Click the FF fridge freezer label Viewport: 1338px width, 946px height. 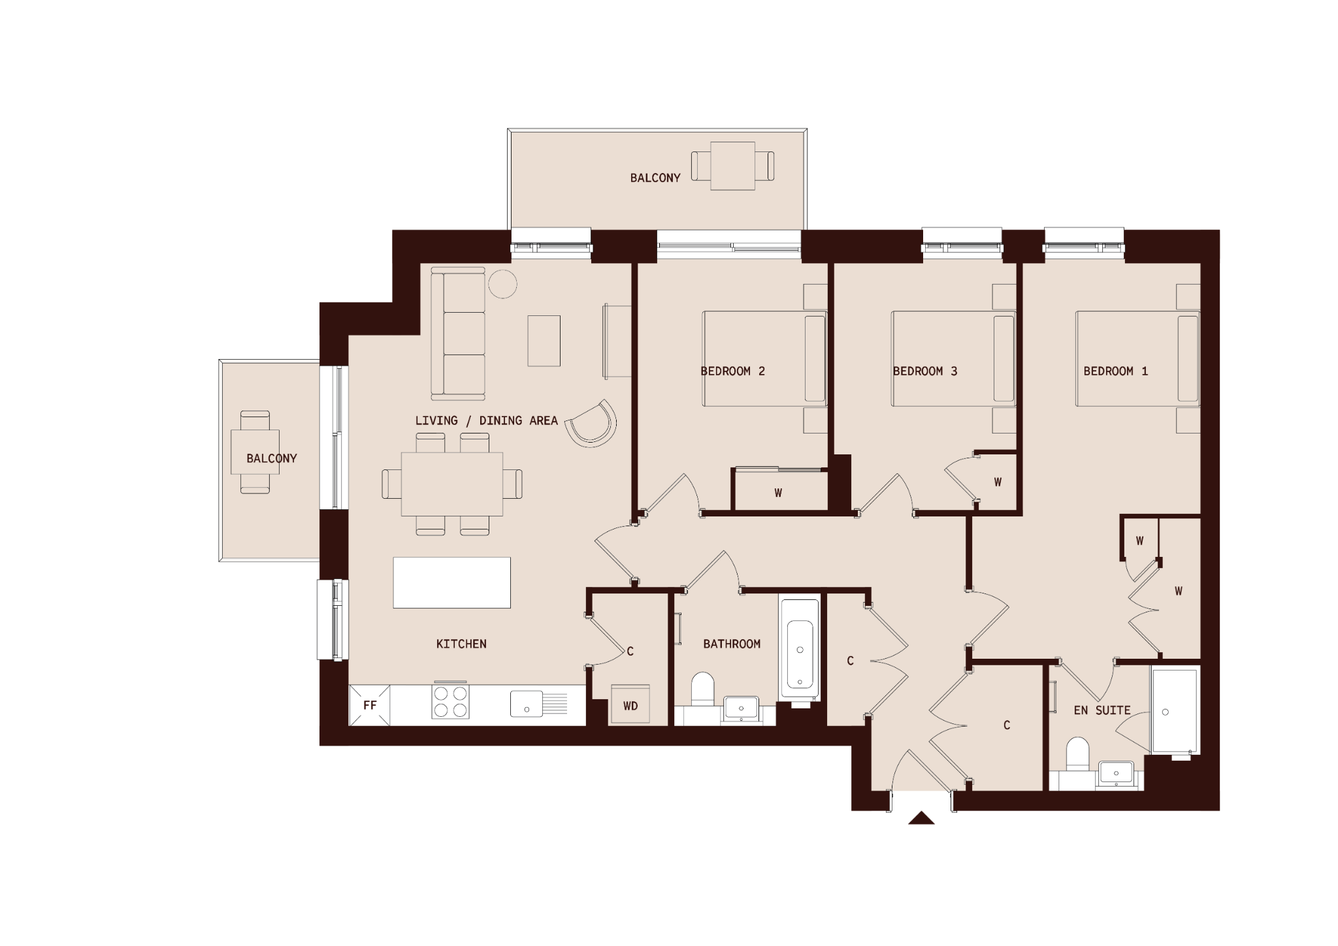pyautogui.click(x=370, y=705)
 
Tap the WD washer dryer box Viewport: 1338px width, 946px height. pyautogui.click(x=630, y=704)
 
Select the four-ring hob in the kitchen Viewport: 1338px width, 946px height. pyautogui.click(x=450, y=702)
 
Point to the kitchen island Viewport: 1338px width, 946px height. pyautogui.click(x=451, y=582)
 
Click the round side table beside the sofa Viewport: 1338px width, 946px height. pyautogui.click(x=502, y=284)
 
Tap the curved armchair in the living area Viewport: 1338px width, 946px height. pyautogui.click(x=593, y=424)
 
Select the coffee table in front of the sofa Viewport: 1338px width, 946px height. pyautogui.click(x=544, y=341)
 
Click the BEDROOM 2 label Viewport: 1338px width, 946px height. pyautogui.click(x=732, y=371)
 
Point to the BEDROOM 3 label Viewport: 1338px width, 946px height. pyautogui.click(x=924, y=371)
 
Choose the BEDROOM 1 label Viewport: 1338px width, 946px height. pyautogui.click(x=1115, y=371)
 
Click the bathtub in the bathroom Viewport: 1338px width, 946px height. pyautogui.click(x=800, y=651)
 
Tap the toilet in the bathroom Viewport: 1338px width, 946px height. pyautogui.click(x=702, y=689)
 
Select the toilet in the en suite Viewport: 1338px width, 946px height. pyautogui.click(x=1077, y=755)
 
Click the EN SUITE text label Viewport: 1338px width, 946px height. pyautogui.click(x=1102, y=710)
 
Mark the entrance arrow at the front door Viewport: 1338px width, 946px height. pyautogui.click(x=921, y=818)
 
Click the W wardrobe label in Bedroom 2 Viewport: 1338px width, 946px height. pyautogui.click(x=778, y=494)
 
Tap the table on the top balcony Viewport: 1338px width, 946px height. pyautogui.click(x=733, y=166)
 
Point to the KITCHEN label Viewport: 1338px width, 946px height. pyautogui.click(x=461, y=644)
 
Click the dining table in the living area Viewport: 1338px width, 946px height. pyautogui.click(x=452, y=484)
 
